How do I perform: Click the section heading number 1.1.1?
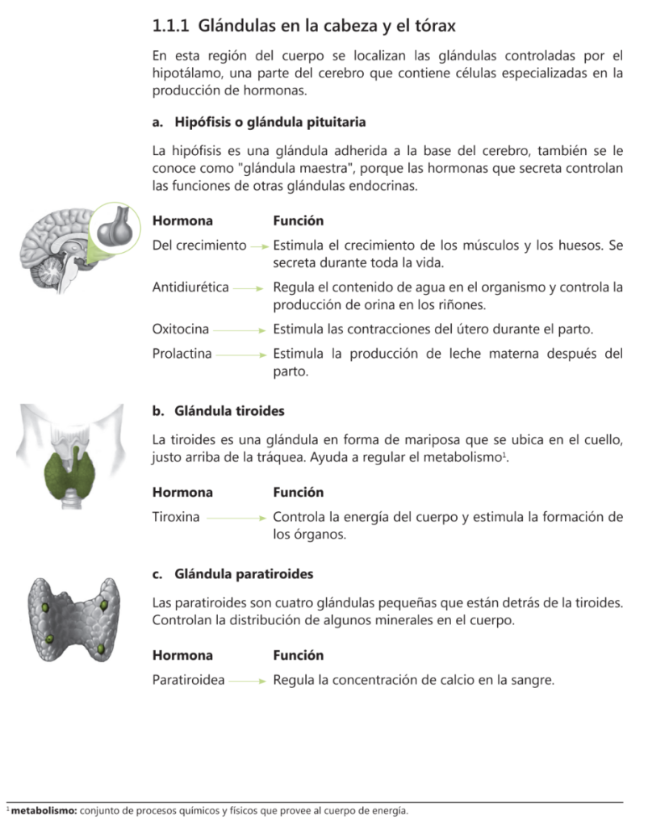click(170, 27)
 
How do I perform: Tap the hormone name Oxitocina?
click(181, 329)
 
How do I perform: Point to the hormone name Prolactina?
click(182, 353)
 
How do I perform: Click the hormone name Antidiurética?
click(190, 287)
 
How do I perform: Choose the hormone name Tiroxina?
click(177, 516)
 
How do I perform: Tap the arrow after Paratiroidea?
click(248, 681)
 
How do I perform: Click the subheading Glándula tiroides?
click(229, 411)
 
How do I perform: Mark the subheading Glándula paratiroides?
click(244, 574)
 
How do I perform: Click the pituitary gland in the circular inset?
click(113, 229)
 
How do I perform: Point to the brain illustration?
click(53, 241)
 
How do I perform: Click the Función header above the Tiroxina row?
click(298, 493)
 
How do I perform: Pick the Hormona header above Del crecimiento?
click(182, 220)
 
